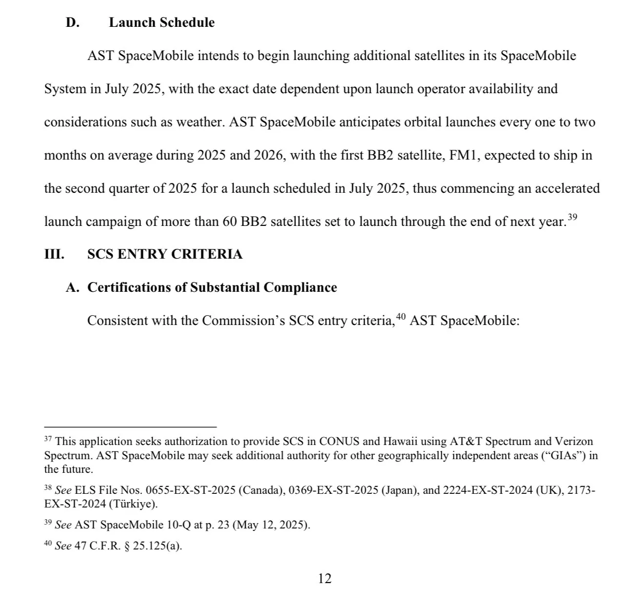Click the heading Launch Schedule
161,22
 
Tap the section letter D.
72,22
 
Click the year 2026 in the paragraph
268,155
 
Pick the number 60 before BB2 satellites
230,222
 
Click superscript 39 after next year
573,217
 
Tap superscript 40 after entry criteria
400,317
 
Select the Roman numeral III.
54,254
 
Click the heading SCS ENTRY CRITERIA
165,254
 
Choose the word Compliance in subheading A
300,287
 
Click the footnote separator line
130,427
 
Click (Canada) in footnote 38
261,490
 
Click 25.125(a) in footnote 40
157,546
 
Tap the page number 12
325,579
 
